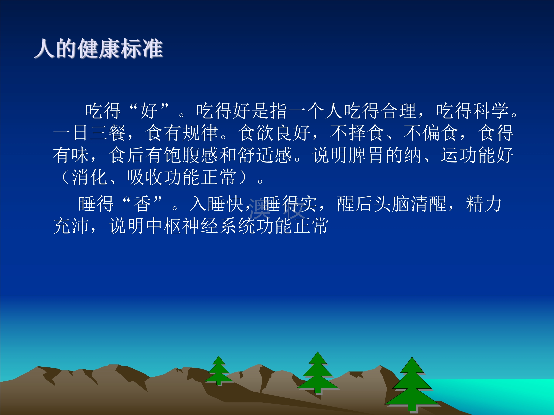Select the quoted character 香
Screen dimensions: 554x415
(143, 204)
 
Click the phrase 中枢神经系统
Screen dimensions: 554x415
(201, 226)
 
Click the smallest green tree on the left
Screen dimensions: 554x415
(219, 370)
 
